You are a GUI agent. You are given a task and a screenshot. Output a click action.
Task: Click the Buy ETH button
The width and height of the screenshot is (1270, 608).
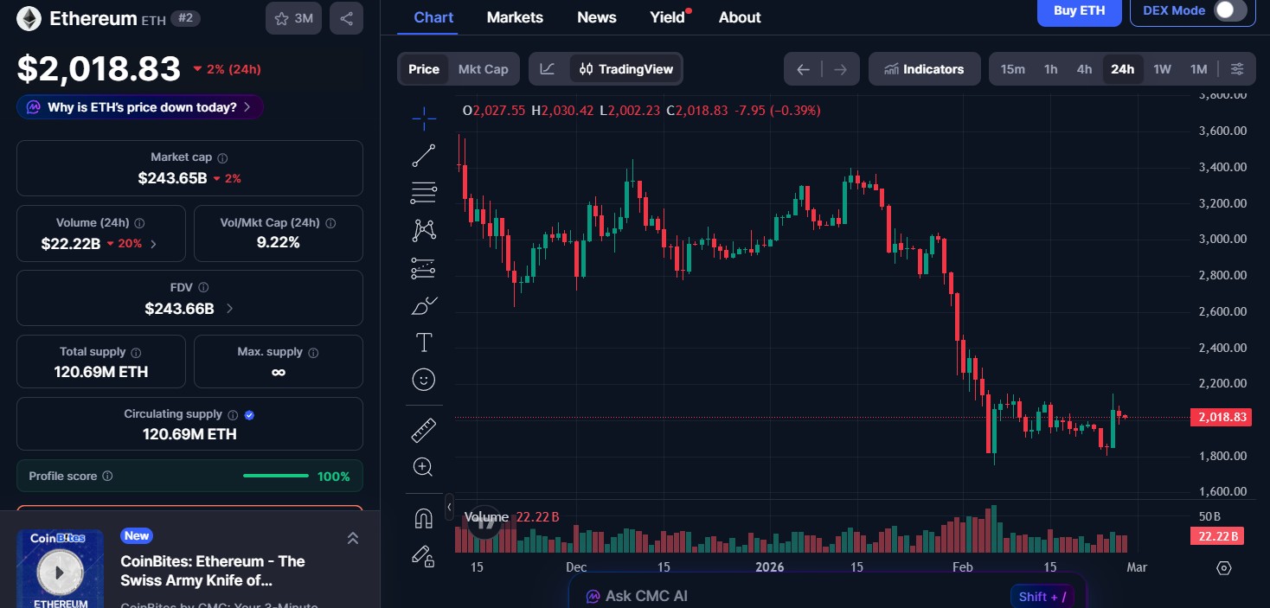(x=1079, y=11)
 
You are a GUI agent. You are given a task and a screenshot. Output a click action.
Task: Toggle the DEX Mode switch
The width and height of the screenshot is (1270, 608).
(x=1229, y=11)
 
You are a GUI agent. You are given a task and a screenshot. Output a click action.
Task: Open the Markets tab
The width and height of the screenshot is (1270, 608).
(x=515, y=17)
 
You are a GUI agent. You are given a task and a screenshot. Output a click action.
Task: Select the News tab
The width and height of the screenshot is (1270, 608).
(x=597, y=17)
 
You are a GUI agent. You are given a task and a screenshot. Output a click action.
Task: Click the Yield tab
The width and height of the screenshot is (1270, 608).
(x=668, y=17)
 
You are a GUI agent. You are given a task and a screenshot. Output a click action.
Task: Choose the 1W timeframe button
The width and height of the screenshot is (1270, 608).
(x=1162, y=69)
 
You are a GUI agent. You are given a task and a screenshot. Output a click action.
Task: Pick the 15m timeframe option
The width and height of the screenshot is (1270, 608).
(x=1012, y=69)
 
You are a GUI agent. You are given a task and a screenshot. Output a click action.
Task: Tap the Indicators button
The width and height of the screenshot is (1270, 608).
(x=924, y=69)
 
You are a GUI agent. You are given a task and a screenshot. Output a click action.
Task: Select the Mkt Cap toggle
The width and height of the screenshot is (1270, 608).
(x=483, y=69)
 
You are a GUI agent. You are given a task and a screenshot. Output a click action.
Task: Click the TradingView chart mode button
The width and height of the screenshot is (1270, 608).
(x=626, y=69)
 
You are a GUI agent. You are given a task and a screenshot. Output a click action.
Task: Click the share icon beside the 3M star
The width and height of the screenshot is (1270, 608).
(x=346, y=18)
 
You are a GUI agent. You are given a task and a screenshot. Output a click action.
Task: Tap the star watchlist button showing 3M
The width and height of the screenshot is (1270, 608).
(x=294, y=18)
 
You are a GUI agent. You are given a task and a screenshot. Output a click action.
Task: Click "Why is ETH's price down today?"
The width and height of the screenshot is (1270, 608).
(x=140, y=107)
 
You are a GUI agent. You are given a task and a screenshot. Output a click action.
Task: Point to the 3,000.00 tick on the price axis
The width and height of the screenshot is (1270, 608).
(x=1222, y=240)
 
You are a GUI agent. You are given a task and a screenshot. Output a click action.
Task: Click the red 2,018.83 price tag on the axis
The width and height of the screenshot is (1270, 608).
(x=1221, y=418)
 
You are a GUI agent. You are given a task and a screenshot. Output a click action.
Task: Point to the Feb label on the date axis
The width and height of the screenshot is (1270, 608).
(x=962, y=567)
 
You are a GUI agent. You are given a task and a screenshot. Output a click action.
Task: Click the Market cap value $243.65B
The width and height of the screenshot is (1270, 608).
(x=172, y=178)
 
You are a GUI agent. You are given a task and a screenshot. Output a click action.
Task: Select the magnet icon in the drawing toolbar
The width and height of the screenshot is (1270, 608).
(x=423, y=518)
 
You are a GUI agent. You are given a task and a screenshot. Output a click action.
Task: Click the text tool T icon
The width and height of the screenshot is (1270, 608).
(x=424, y=343)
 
